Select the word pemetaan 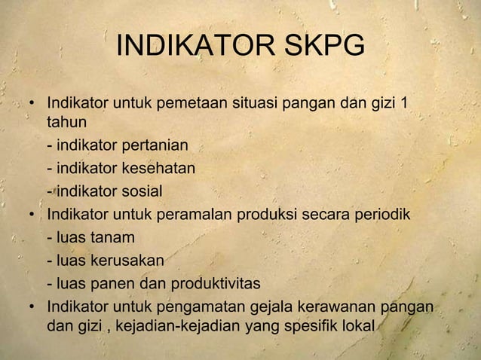190,102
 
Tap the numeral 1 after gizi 407,102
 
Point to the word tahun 67,121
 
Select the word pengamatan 198,308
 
